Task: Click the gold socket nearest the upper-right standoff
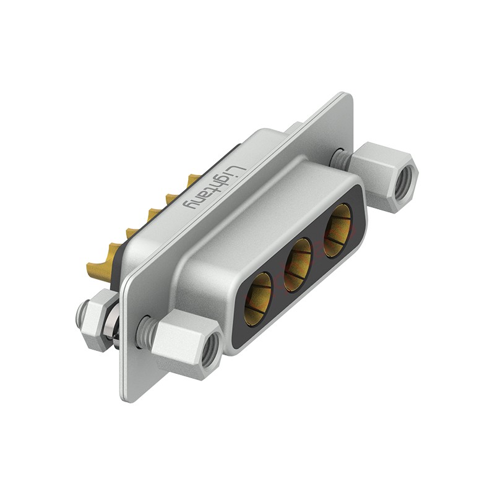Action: click(x=338, y=230)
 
